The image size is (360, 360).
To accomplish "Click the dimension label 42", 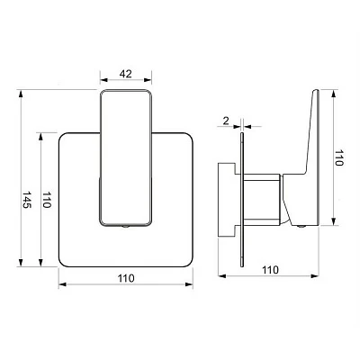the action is [125, 74].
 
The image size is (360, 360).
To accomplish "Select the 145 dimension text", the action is [27, 200].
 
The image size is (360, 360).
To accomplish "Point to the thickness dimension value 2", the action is [226, 121].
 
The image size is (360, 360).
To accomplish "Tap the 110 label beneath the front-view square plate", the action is [126, 278].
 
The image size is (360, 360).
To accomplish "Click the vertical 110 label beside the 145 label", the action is [47, 200].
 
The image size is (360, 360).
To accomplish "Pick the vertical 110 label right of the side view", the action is [338, 157].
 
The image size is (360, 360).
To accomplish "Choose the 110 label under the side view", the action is [270, 270].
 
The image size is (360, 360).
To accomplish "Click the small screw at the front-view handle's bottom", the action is [126, 227].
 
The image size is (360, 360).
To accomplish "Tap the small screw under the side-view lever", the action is [301, 226].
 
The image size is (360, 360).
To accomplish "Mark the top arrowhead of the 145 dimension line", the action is [21, 94].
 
